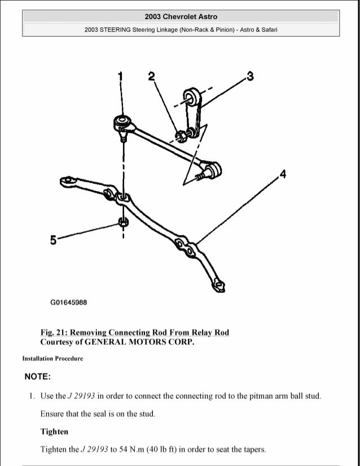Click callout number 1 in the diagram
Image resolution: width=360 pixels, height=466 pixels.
click(120, 76)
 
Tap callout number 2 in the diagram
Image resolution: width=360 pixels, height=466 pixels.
click(151, 76)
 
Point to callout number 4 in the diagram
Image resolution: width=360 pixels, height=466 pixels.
click(282, 173)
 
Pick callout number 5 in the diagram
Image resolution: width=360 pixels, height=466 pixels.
click(54, 240)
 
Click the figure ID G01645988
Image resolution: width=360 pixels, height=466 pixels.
click(69, 302)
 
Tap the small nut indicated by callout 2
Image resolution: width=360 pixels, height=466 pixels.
click(182, 135)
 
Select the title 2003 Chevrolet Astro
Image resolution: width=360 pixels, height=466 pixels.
click(181, 17)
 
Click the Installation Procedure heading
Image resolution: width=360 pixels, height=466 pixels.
click(52, 358)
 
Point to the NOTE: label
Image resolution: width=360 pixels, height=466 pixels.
click(38, 376)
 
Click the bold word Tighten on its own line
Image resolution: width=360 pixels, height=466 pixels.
click(54, 432)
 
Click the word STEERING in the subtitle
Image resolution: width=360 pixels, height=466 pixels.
click(116, 30)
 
